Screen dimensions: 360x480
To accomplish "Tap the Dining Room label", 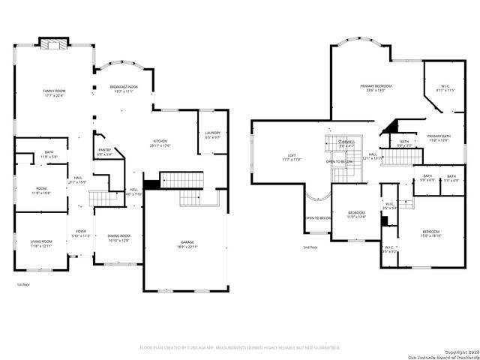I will (118, 238).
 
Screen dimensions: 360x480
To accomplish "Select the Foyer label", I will (81, 233).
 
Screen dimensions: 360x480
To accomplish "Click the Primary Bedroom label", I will (376, 88).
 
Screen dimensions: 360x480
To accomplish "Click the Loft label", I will (290, 157).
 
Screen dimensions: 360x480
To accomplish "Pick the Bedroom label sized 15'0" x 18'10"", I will (431, 233).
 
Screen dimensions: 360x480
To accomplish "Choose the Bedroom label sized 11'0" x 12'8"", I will (356, 214).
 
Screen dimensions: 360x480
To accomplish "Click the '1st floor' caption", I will (23, 285).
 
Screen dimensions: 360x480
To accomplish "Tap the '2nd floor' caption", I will (310, 247).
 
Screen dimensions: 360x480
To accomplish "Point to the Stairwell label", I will (346, 143).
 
